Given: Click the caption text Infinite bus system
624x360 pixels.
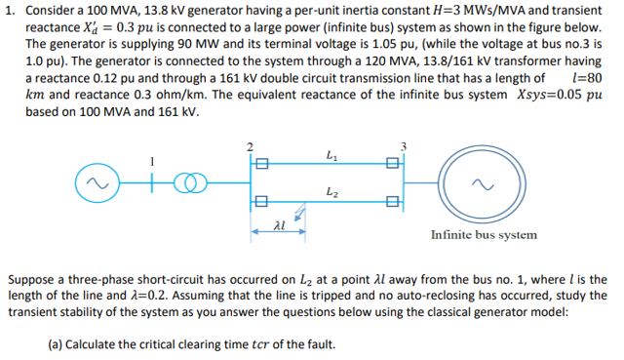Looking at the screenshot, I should coord(484,234).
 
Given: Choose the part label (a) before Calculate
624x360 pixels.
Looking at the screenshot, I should coord(57,343).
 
